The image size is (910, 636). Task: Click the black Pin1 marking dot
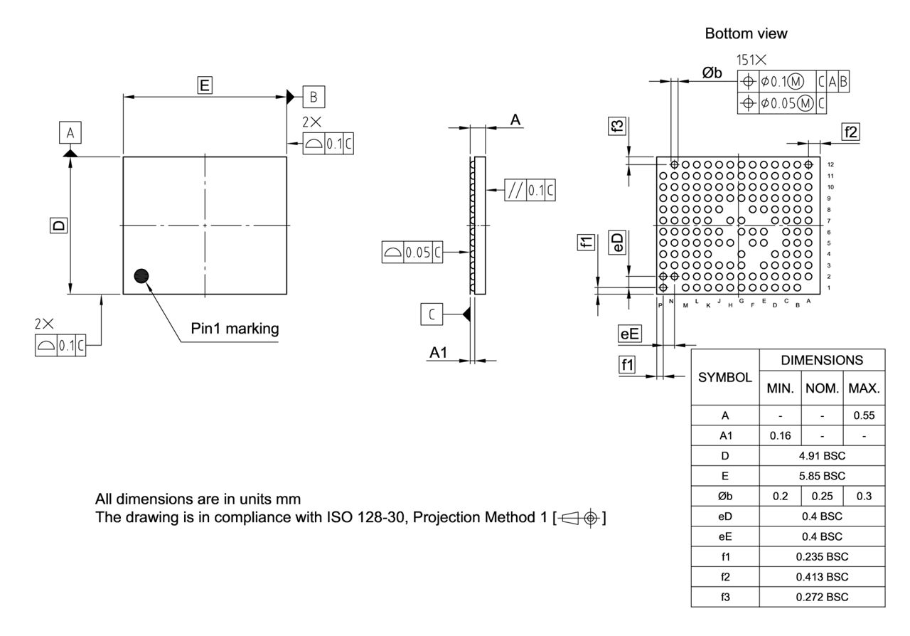tap(141, 276)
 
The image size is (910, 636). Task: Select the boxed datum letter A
tap(70, 132)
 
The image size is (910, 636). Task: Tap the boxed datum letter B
tap(314, 96)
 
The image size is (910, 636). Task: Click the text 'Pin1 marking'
tap(235, 329)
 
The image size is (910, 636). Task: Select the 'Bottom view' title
tap(746, 33)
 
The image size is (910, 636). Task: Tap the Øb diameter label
tap(712, 73)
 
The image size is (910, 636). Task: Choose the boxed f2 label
tap(850, 132)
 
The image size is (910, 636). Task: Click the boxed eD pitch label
tap(619, 242)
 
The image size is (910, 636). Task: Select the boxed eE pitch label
tap(630, 333)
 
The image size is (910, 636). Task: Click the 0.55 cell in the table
tap(864, 415)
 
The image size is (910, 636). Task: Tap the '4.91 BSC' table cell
tap(822, 455)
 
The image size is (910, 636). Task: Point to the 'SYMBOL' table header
tap(724, 377)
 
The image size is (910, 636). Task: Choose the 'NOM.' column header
tap(822, 389)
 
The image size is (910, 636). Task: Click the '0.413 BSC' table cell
tap(822, 577)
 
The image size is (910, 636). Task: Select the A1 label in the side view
tap(439, 353)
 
